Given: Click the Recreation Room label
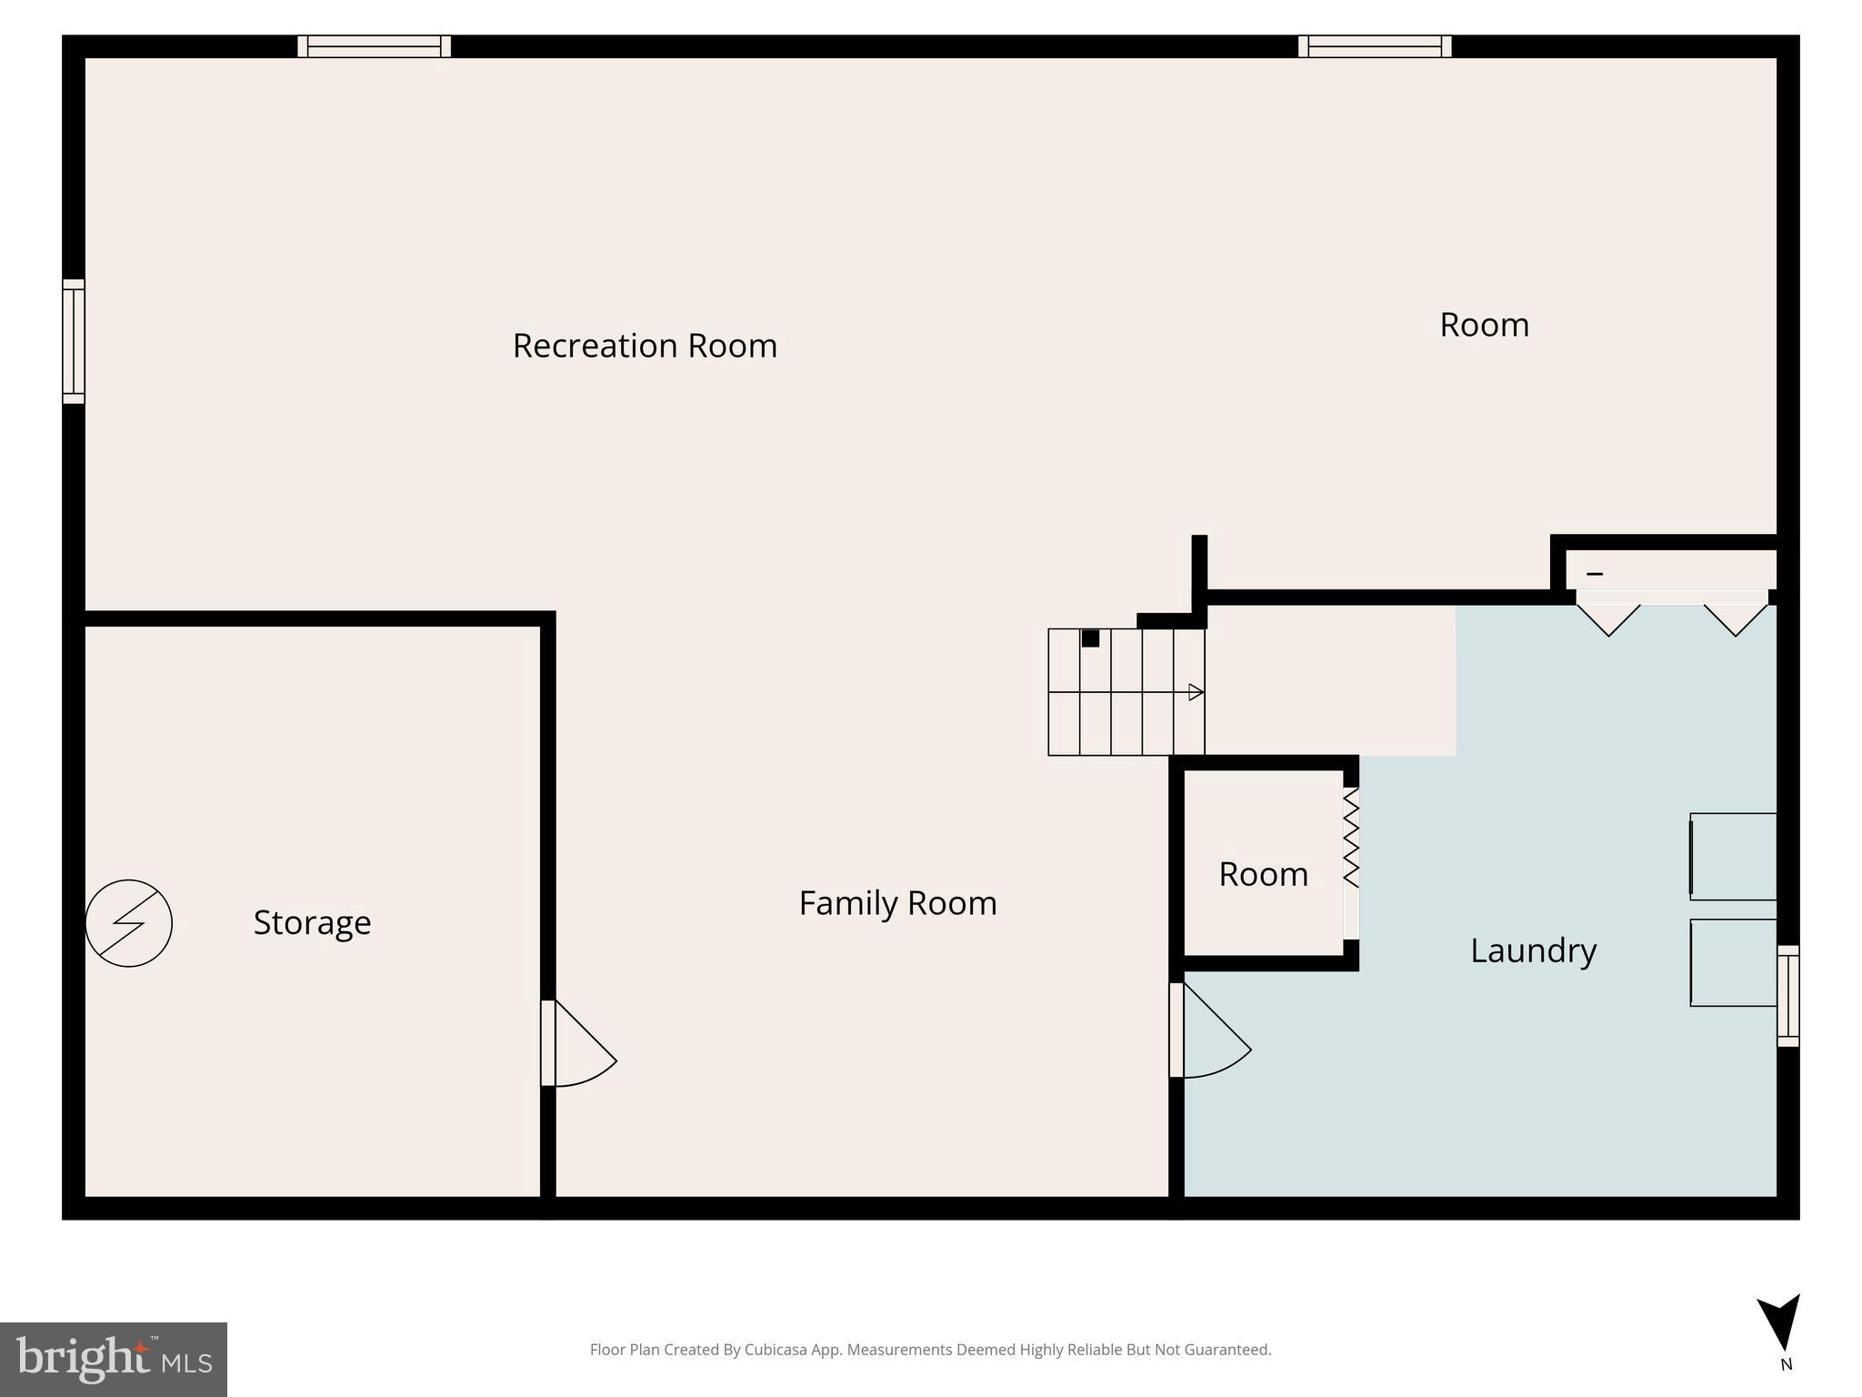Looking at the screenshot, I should click(645, 346).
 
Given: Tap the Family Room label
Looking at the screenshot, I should click(897, 903).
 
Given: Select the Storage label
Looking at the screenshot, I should click(312, 922).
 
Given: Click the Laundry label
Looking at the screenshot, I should click(1533, 950).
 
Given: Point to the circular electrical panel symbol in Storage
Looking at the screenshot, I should click(128, 923).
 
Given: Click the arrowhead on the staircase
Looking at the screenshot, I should click(1196, 692).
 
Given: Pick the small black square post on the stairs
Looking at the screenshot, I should click(1090, 638).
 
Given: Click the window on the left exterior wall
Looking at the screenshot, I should click(74, 341).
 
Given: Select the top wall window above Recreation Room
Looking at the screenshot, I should click(374, 46).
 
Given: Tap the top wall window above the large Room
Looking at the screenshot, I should click(1374, 46).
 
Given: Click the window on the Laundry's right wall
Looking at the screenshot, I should click(1787, 995).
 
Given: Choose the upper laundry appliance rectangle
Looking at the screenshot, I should click(1733, 857).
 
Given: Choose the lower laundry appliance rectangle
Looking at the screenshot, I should click(1733, 962).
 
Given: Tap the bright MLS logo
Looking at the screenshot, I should click(114, 1359).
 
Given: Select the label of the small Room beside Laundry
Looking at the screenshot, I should click(1263, 874).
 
